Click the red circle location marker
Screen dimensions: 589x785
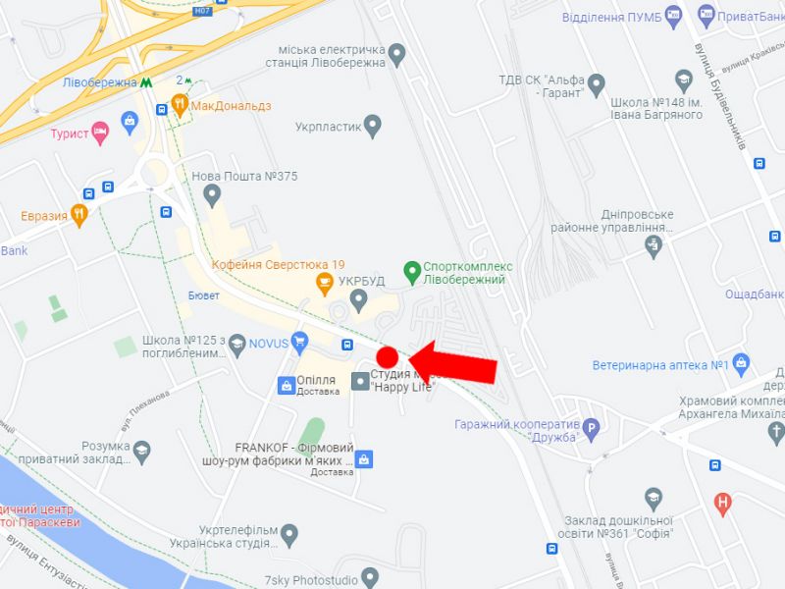388,357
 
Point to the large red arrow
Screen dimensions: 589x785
453,362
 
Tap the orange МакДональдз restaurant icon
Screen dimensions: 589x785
180,104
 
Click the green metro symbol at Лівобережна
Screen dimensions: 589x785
146,82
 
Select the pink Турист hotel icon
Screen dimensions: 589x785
99,133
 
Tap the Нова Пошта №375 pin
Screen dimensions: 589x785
212,196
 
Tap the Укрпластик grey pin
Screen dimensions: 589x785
372,126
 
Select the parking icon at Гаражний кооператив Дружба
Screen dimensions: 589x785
591,428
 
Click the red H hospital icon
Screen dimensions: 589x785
724,505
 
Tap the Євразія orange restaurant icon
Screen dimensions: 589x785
79,214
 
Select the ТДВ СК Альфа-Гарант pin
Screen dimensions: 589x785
595,82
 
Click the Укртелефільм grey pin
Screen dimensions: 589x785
288,534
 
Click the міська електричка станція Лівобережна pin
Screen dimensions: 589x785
396,53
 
